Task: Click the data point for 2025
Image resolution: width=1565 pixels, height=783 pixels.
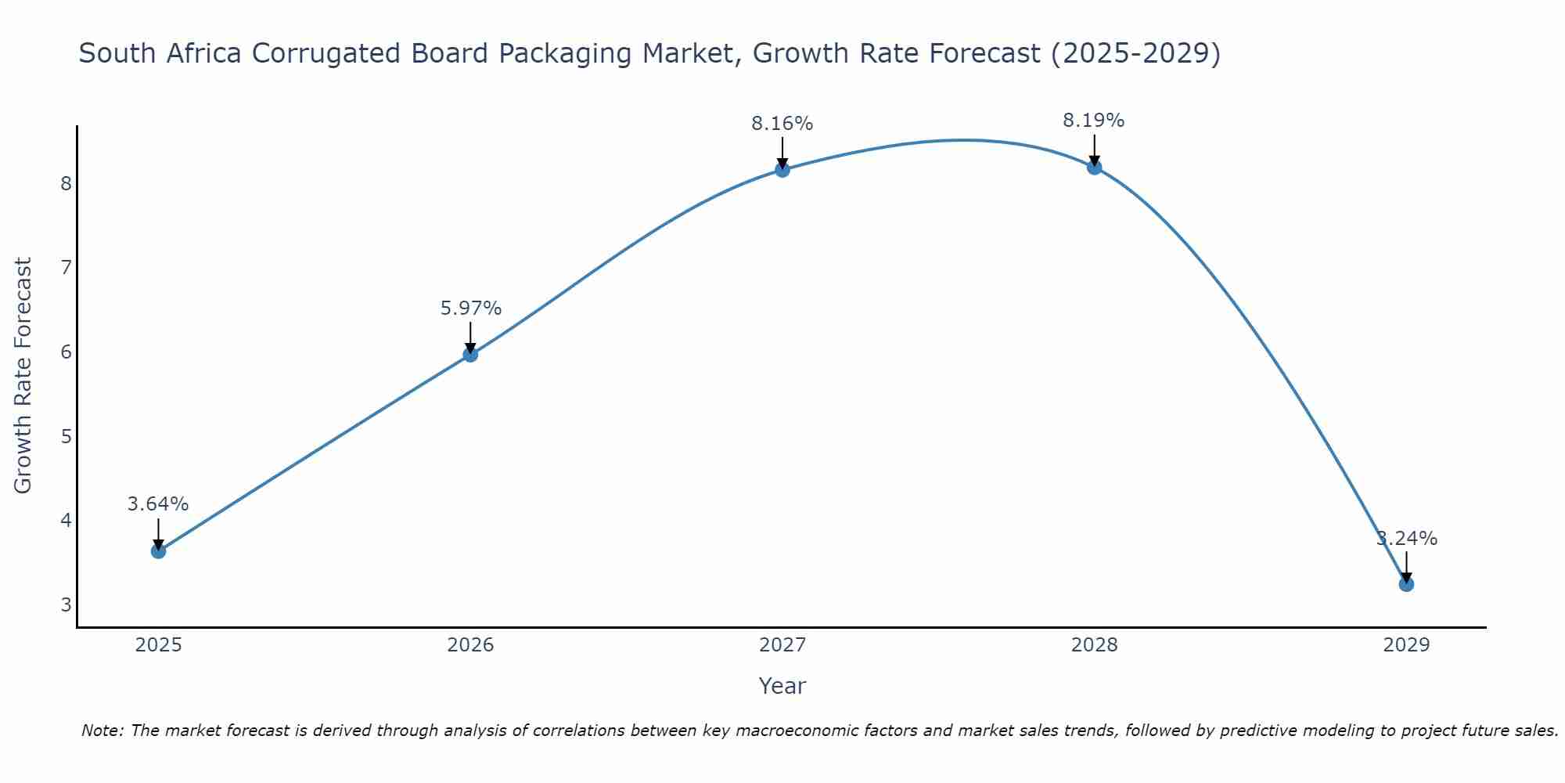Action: tap(158, 551)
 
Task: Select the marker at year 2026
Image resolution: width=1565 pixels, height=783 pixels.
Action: tap(470, 355)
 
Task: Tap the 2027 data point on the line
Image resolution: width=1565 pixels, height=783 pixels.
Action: tap(782, 170)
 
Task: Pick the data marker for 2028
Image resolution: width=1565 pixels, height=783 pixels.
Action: tap(1094, 168)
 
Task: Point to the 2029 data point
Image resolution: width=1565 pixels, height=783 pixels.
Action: tap(1406, 584)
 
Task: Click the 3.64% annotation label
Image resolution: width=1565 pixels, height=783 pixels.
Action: tap(158, 504)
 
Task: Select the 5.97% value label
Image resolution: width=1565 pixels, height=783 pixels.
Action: tap(470, 309)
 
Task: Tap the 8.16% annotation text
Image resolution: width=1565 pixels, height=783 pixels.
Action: tap(782, 124)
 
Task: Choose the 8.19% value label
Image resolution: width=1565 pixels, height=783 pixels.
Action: tap(1093, 121)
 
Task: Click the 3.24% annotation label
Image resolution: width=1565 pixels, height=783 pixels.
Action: tap(1407, 539)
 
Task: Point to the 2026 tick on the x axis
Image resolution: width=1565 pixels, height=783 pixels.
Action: tap(470, 645)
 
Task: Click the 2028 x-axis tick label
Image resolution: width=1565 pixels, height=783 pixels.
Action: tap(1094, 645)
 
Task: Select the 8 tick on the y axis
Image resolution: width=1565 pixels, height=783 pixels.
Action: tap(66, 184)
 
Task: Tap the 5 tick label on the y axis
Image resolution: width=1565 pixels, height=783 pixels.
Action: tap(66, 436)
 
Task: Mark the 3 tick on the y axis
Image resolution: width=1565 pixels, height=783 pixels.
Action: tap(66, 605)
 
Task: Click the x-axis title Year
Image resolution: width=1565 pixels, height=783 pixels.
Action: tap(782, 686)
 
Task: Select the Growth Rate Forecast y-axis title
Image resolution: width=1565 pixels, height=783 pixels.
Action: tap(23, 376)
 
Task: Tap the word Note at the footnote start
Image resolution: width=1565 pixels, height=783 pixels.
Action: tap(101, 731)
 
